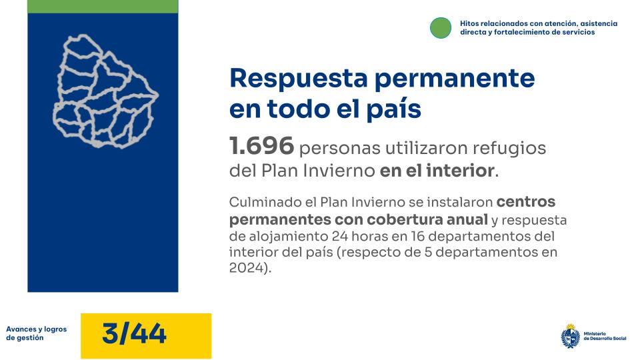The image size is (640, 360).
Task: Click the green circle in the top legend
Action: click(441, 27)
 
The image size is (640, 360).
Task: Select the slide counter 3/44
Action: click(134, 333)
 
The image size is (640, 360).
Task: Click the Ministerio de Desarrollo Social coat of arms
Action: click(570, 335)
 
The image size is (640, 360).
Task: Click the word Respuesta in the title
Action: click(298, 79)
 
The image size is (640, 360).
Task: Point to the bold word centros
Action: click(526, 201)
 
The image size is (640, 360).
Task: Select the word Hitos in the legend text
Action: click(469, 23)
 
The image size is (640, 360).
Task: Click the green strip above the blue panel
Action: click(103, 6)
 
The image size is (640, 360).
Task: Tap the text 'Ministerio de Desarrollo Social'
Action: click(605, 335)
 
